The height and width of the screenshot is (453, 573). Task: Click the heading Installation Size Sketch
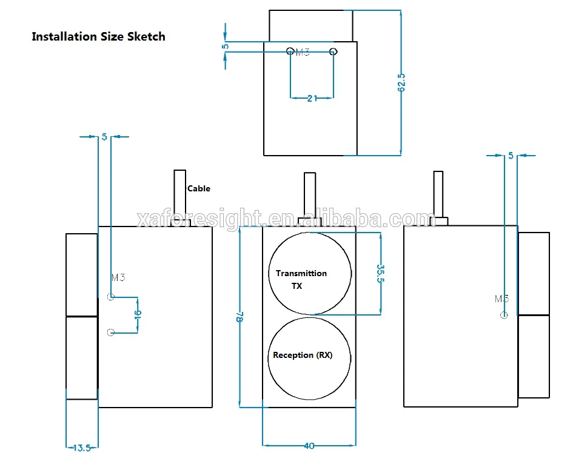[x=98, y=36]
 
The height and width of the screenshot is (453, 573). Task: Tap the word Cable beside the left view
[x=198, y=188]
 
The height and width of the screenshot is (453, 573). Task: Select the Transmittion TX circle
[x=310, y=273]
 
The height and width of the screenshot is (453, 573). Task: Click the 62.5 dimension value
[x=401, y=82]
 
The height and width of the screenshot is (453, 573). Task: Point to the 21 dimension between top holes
[x=312, y=98]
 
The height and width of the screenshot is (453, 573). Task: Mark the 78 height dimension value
[x=240, y=317]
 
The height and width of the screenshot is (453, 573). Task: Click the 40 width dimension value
[x=309, y=446]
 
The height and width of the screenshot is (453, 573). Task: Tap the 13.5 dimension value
[x=81, y=448]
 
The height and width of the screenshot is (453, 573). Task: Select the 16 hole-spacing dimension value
[x=138, y=314]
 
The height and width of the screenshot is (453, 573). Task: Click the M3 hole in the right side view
[x=504, y=314]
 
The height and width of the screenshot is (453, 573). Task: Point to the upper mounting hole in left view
[x=110, y=297]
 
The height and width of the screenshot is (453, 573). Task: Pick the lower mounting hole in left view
[x=110, y=332]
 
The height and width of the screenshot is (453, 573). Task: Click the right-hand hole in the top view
[x=333, y=51]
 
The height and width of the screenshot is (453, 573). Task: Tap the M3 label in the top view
[x=302, y=53]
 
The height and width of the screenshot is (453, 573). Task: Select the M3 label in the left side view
[x=118, y=278]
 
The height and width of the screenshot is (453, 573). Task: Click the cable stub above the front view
[x=309, y=195]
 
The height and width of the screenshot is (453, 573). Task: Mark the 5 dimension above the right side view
[x=511, y=156]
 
